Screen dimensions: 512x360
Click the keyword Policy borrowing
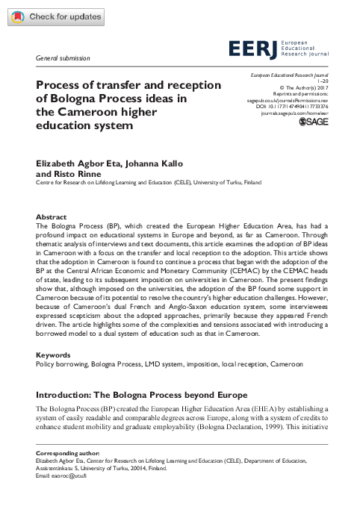click(x=61, y=364)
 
